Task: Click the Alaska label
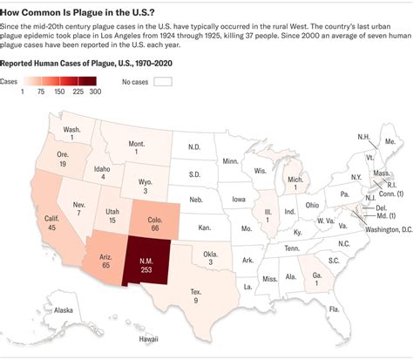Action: (x=64, y=310)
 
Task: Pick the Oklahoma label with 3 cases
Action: (x=211, y=255)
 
